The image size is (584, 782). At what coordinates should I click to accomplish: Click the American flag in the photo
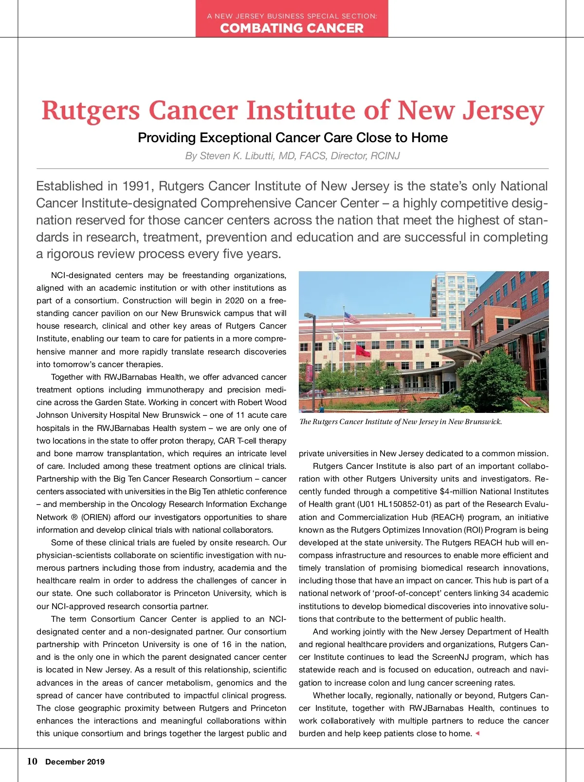351,318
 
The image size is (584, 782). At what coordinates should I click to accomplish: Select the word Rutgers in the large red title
91,111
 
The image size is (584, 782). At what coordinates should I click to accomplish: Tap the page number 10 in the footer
32,762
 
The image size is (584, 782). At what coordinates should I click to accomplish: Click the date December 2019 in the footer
75,762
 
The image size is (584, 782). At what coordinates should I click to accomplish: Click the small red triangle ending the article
477,733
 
